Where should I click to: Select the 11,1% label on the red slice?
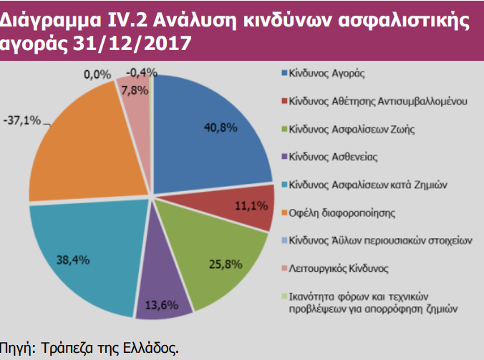pos(251,205)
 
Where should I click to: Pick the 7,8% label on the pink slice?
pos(135,89)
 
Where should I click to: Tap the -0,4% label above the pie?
pos(140,72)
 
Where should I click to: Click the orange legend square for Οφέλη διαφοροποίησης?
pos(284,213)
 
